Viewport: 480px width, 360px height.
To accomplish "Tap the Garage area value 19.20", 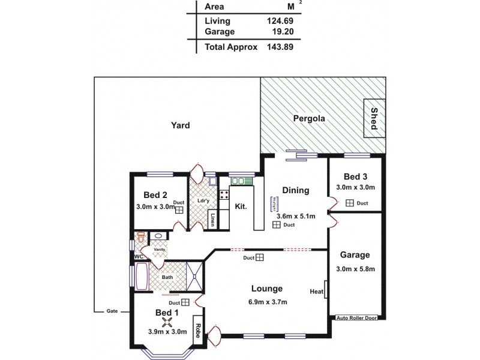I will click(x=280, y=32).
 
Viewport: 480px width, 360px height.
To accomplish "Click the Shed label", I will click(x=374, y=118).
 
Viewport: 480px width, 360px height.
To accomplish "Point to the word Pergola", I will click(x=309, y=119).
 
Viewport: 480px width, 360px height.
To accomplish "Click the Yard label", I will click(x=180, y=125).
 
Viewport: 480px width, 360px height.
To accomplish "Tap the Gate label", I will click(x=112, y=311).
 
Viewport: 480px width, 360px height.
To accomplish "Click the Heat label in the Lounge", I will click(x=317, y=292).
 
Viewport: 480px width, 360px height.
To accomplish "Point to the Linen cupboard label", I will click(x=212, y=220).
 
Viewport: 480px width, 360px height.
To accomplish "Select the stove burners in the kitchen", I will click(x=224, y=194).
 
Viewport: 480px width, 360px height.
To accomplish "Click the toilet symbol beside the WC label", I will click(x=141, y=238).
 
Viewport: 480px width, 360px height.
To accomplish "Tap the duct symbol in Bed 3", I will click(x=349, y=203).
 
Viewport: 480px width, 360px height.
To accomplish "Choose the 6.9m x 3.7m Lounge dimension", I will click(x=268, y=302).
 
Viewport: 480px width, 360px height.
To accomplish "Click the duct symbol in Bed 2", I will click(x=179, y=210).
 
